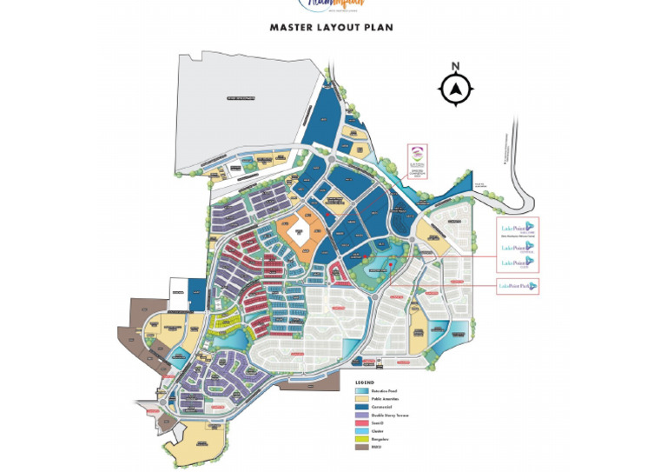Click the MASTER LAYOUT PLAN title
coord(331,27)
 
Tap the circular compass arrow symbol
coord(455,89)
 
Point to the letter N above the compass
coord(455,66)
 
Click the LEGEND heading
coord(364,382)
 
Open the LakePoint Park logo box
coord(518,286)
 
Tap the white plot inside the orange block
coord(300,232)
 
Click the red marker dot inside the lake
coord(391,263)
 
